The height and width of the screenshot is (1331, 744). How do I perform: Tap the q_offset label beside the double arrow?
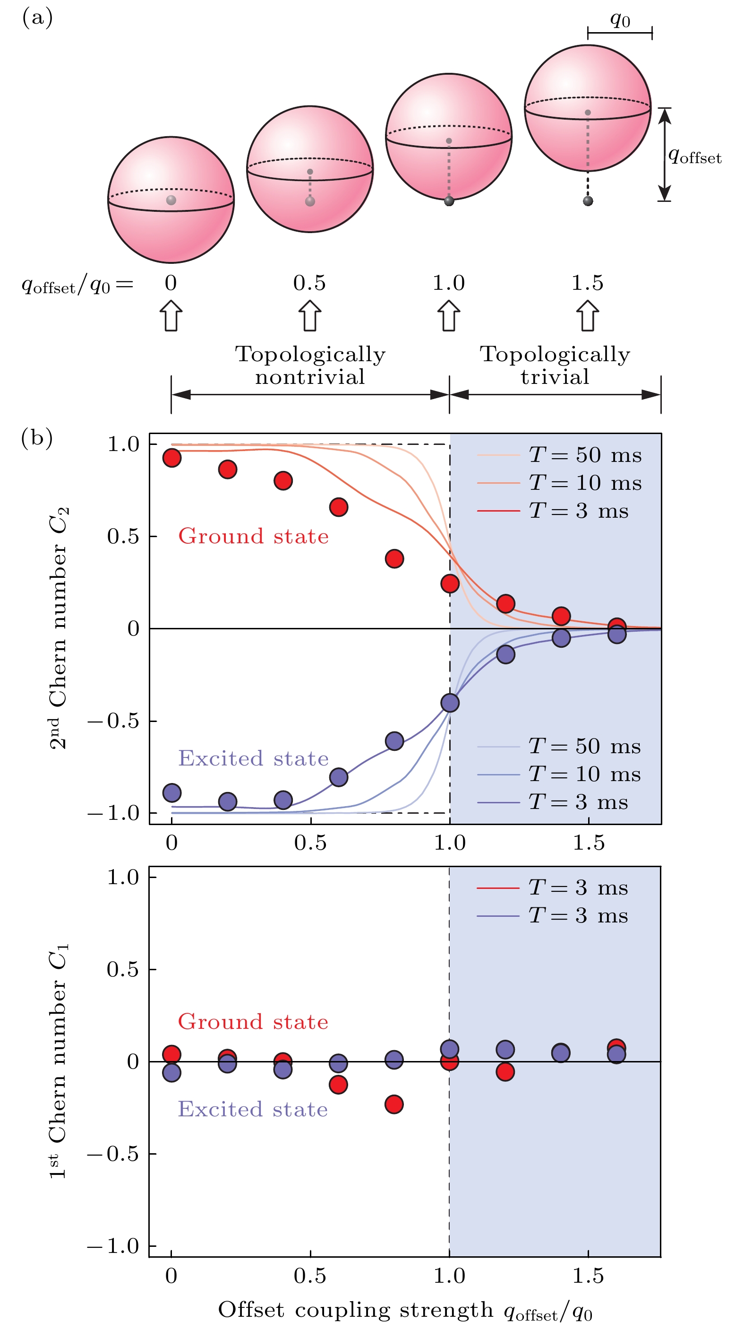point(694,156)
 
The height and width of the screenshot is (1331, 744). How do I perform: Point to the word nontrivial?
point(310,377)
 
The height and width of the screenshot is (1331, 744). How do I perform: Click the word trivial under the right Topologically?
point(555,377)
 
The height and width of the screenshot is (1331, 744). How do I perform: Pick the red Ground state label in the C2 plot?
point(253,536)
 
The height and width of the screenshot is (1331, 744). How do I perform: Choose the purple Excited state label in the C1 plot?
point(253,1109)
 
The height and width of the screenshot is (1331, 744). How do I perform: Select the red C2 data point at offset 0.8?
point(394,558)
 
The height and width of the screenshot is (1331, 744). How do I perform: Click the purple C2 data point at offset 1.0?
point(450,703)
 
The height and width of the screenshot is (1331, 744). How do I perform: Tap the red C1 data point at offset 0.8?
point(394,1104)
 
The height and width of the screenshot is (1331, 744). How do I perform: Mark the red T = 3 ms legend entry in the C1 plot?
point(553,887)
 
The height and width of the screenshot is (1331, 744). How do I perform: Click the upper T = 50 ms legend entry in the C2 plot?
point(560,455)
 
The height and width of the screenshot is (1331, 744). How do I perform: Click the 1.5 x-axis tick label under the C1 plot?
point(588,1276)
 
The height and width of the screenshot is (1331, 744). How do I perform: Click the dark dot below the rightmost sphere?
point(588,201)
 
